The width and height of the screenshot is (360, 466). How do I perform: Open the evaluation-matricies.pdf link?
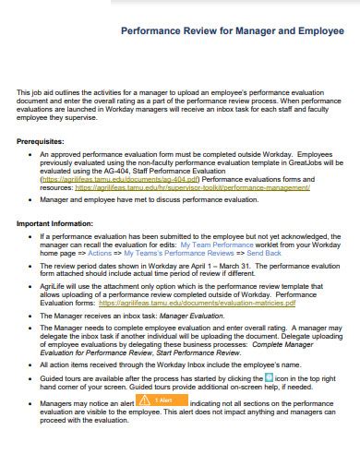coord(219,302)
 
